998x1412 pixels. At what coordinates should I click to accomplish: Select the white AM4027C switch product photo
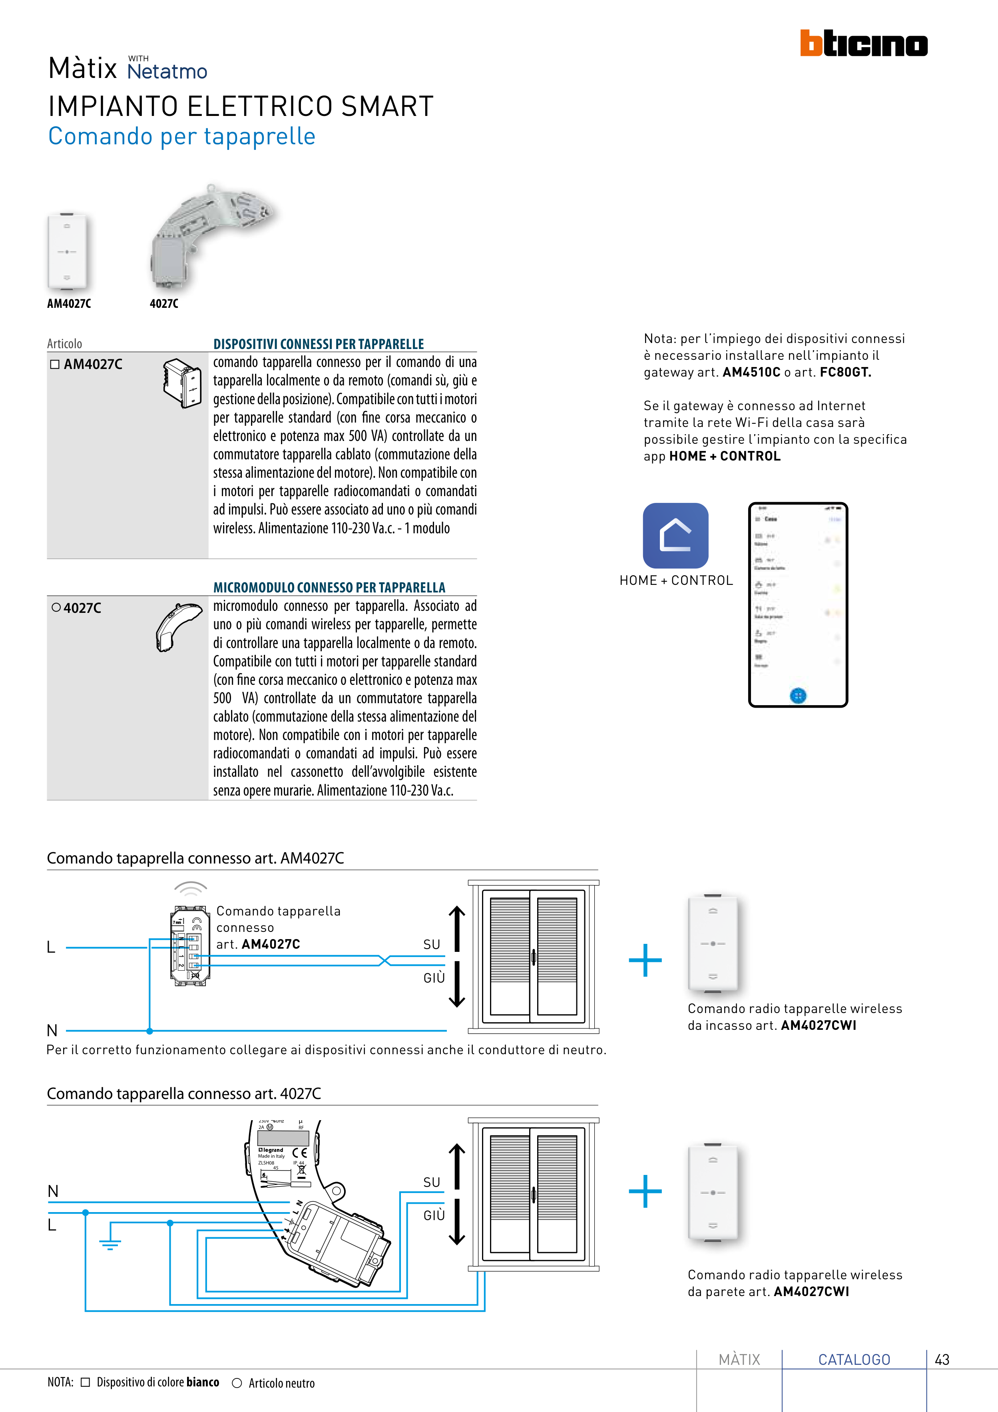pyautogui.click(x=67, y=251)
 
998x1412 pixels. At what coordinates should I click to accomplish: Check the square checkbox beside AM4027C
pyautogui.click(x=55, y=364)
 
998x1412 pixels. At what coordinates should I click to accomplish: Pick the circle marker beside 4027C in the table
pyautogui.click(x=56, y=608)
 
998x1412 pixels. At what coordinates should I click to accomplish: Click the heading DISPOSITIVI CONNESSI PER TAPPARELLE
pyautogui.click(x=319, y=344)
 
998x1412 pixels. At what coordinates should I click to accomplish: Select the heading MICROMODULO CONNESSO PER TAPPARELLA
pyautogui.click(x=329, y=587)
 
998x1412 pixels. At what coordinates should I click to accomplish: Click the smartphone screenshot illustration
pyautogui.click(x=797, y=604)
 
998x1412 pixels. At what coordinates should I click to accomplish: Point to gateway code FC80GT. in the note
pyautogui.click(x=845, y=372)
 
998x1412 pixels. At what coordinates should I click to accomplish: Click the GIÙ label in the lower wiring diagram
pyautogui.click(x=434, y=1215)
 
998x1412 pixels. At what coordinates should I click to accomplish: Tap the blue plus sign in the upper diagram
pyautogui.click(x=645, y=960)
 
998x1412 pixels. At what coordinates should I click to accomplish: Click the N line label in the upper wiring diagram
pyautogui.click(x=52, y=1030)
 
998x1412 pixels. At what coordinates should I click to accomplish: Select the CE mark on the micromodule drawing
pyautogui.click(x=299, y=1153)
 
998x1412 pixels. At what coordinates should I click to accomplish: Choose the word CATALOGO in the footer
pyautogui.click(x=854, y=1360)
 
